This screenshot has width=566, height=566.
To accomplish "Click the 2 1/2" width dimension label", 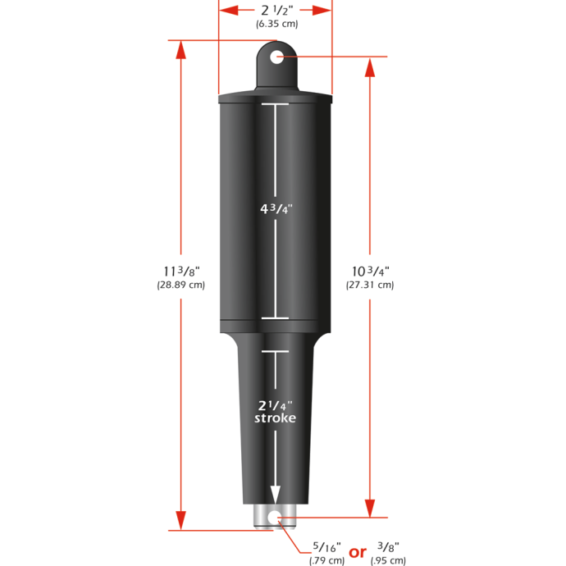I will click(x=276, y=10).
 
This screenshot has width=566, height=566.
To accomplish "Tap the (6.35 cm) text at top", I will click(x=276, y=24).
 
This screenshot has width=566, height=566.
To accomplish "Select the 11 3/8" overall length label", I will click(x=180, y=270).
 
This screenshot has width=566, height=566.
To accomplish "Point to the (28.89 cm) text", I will click(x=180, y=285).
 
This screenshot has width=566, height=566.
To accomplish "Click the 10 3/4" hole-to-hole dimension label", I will click(x=370, y=270).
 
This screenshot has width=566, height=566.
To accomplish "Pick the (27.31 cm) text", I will click(x=370, y=285).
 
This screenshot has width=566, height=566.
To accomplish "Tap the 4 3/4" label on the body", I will click(x=276, y=209).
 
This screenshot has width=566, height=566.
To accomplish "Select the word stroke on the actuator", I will click(x=276, y=418).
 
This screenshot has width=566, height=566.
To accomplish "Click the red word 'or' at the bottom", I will click(x=358, y=552).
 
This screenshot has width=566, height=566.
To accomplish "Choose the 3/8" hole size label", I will click(x=388, y=545).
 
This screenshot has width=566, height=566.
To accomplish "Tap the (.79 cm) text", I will click(x=327, y=560).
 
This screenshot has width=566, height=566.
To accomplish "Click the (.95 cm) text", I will click(x=388, y=560).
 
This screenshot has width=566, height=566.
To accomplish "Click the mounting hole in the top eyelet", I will click(x=276, y=57).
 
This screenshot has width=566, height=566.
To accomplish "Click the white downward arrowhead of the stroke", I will click(x=276, y=495).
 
